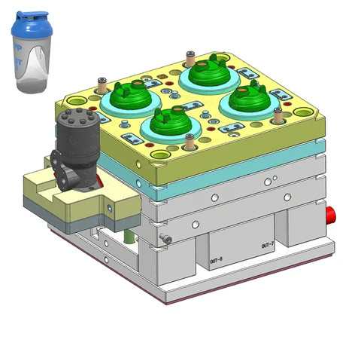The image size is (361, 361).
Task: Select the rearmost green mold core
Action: pyautogui.click(x=209, y=72)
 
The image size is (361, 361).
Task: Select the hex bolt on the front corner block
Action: pyautogui.click(x=166, y=240)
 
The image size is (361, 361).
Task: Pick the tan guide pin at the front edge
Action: pyautogui.click(x=189, y=141)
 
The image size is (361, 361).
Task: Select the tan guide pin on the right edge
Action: pyautogui.click(x=278, y=115)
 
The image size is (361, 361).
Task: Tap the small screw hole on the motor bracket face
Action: pyautogui.click(x=110, y=208)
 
